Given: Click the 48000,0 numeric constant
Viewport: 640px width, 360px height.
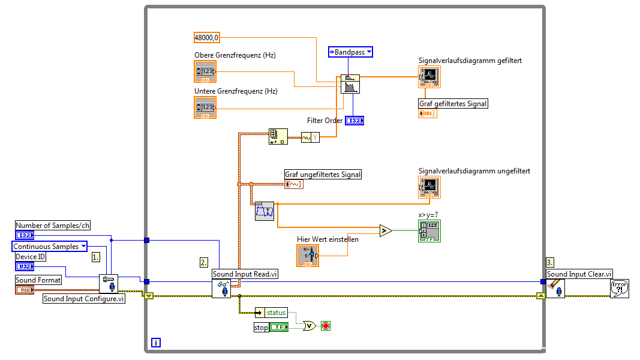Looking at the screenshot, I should click(x=207, y=37).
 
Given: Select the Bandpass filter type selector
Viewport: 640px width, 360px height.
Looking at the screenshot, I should click(x=350, y=52).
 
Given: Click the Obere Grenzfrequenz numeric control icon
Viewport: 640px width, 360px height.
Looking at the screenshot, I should click(x=205, y=71).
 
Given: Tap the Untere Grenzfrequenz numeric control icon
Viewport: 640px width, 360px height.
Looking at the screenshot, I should click(x=205, y=107).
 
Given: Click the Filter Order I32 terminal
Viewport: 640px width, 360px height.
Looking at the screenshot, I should click(x=354, y=121).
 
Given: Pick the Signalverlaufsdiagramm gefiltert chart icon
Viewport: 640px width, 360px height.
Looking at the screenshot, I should click(x=429, y=77).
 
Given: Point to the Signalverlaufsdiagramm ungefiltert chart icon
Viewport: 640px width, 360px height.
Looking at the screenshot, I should click(x=429, y=188).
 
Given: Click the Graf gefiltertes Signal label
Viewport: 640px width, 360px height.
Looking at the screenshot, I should click(x=453, y=104).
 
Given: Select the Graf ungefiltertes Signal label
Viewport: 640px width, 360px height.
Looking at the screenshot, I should click(x=323, y=175).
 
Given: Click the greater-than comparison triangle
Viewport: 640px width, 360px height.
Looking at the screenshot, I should click(x=386, y=230).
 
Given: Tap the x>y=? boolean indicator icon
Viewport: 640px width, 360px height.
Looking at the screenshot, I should click(x=429, y=231).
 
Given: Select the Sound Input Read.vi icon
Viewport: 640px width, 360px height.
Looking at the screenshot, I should click(x=221, y=288).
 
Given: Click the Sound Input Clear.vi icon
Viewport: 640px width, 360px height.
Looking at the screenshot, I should click(x=555, y=288).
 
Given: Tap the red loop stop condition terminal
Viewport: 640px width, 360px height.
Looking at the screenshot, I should click(x=326, y=326).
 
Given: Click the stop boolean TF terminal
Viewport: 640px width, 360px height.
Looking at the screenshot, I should click(x=279, y=327).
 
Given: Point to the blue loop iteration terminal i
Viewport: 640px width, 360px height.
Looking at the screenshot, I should click(x=155, y=343).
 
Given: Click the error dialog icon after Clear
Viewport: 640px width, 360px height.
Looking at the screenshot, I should click(x=619, y=289).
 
